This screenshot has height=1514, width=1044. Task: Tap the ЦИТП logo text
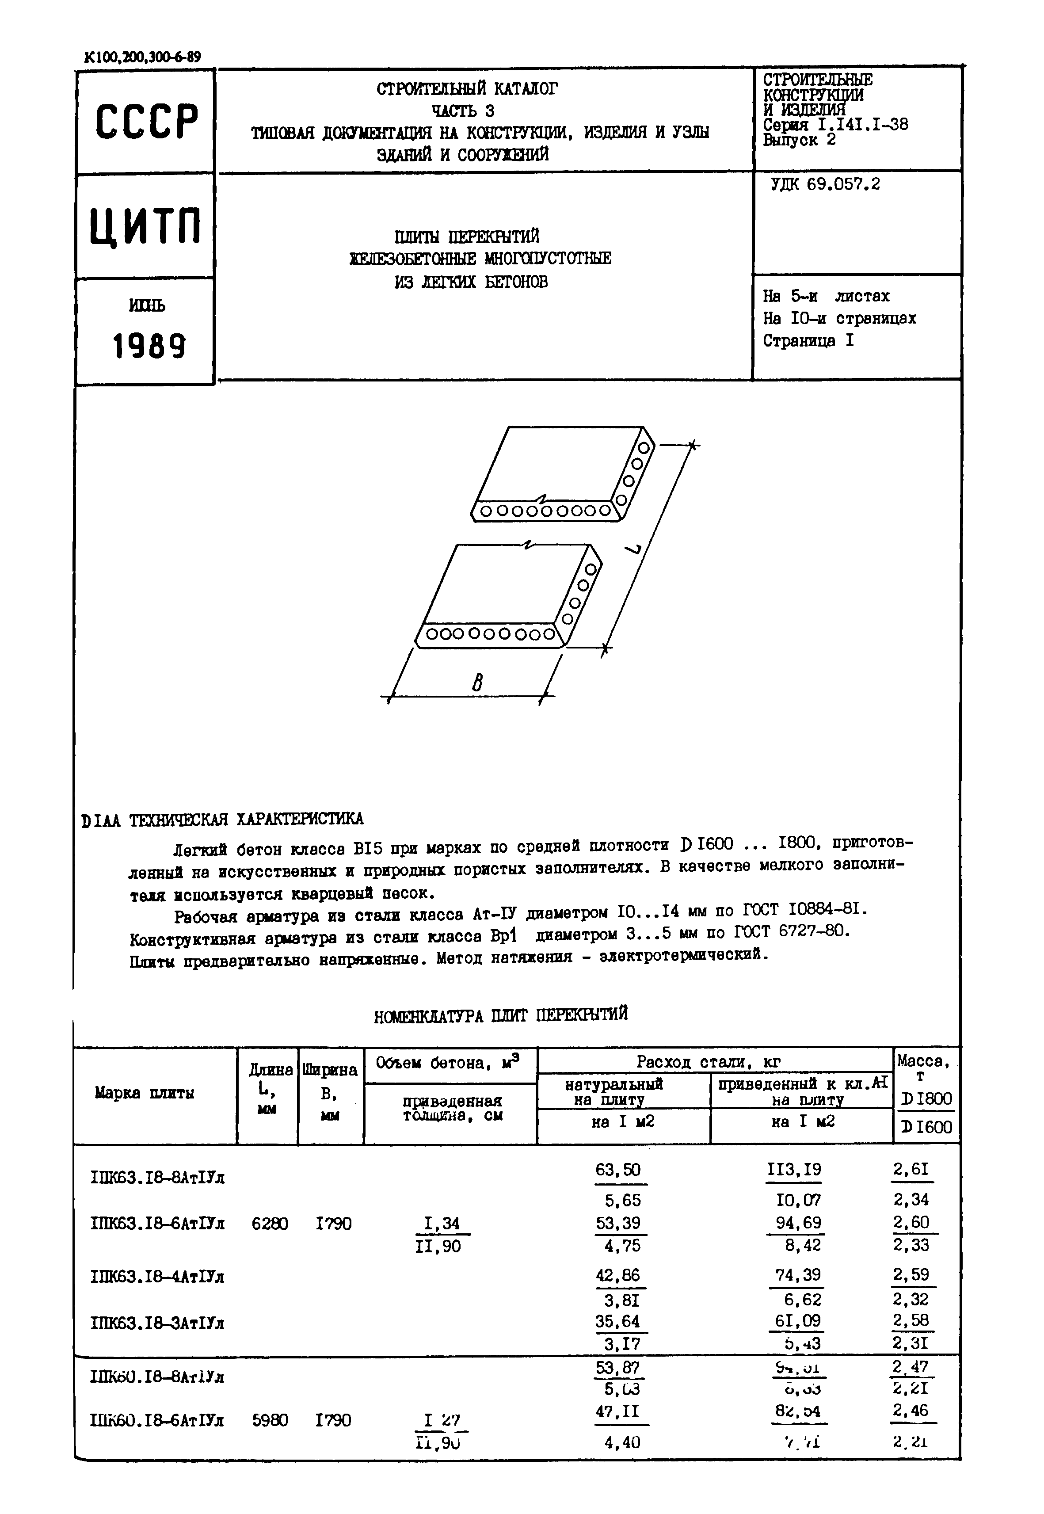point(145,226)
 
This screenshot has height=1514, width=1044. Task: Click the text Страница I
point(808,341)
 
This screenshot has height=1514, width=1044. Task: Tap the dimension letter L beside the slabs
point(634,547)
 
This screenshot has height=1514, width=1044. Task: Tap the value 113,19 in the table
point(794,1170)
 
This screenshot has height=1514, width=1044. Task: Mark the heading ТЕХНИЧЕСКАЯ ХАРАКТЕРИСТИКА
point(246,819)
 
